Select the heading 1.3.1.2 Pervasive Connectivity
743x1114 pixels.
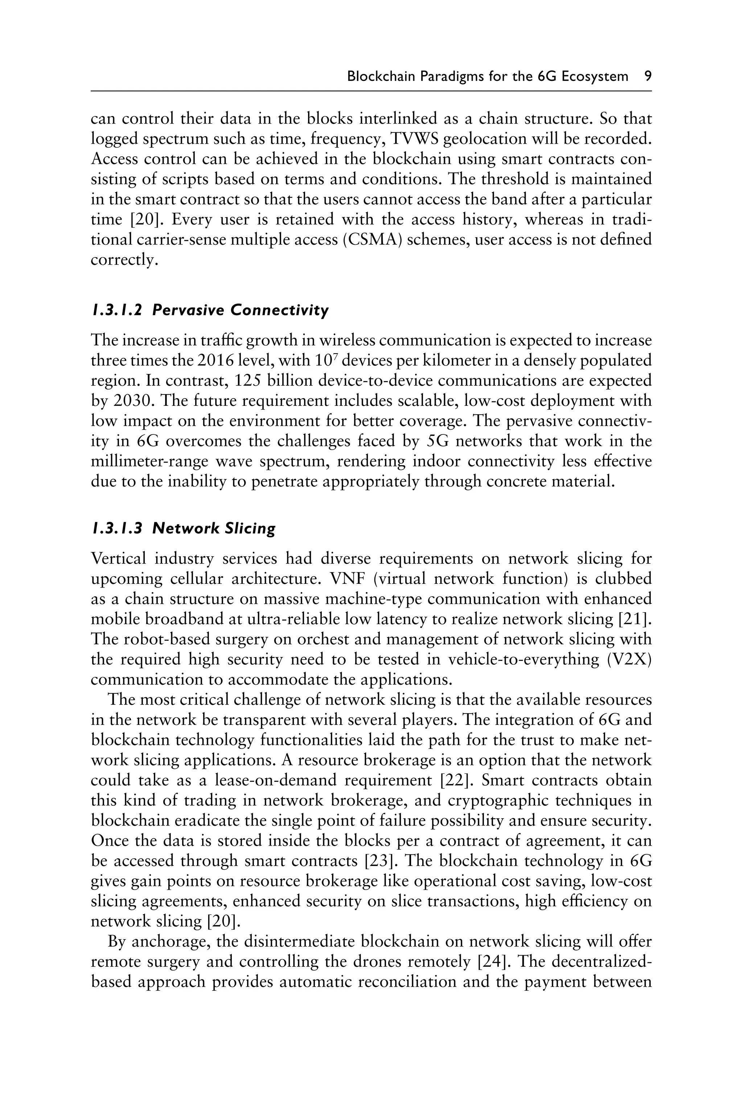(x=209, y=310)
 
